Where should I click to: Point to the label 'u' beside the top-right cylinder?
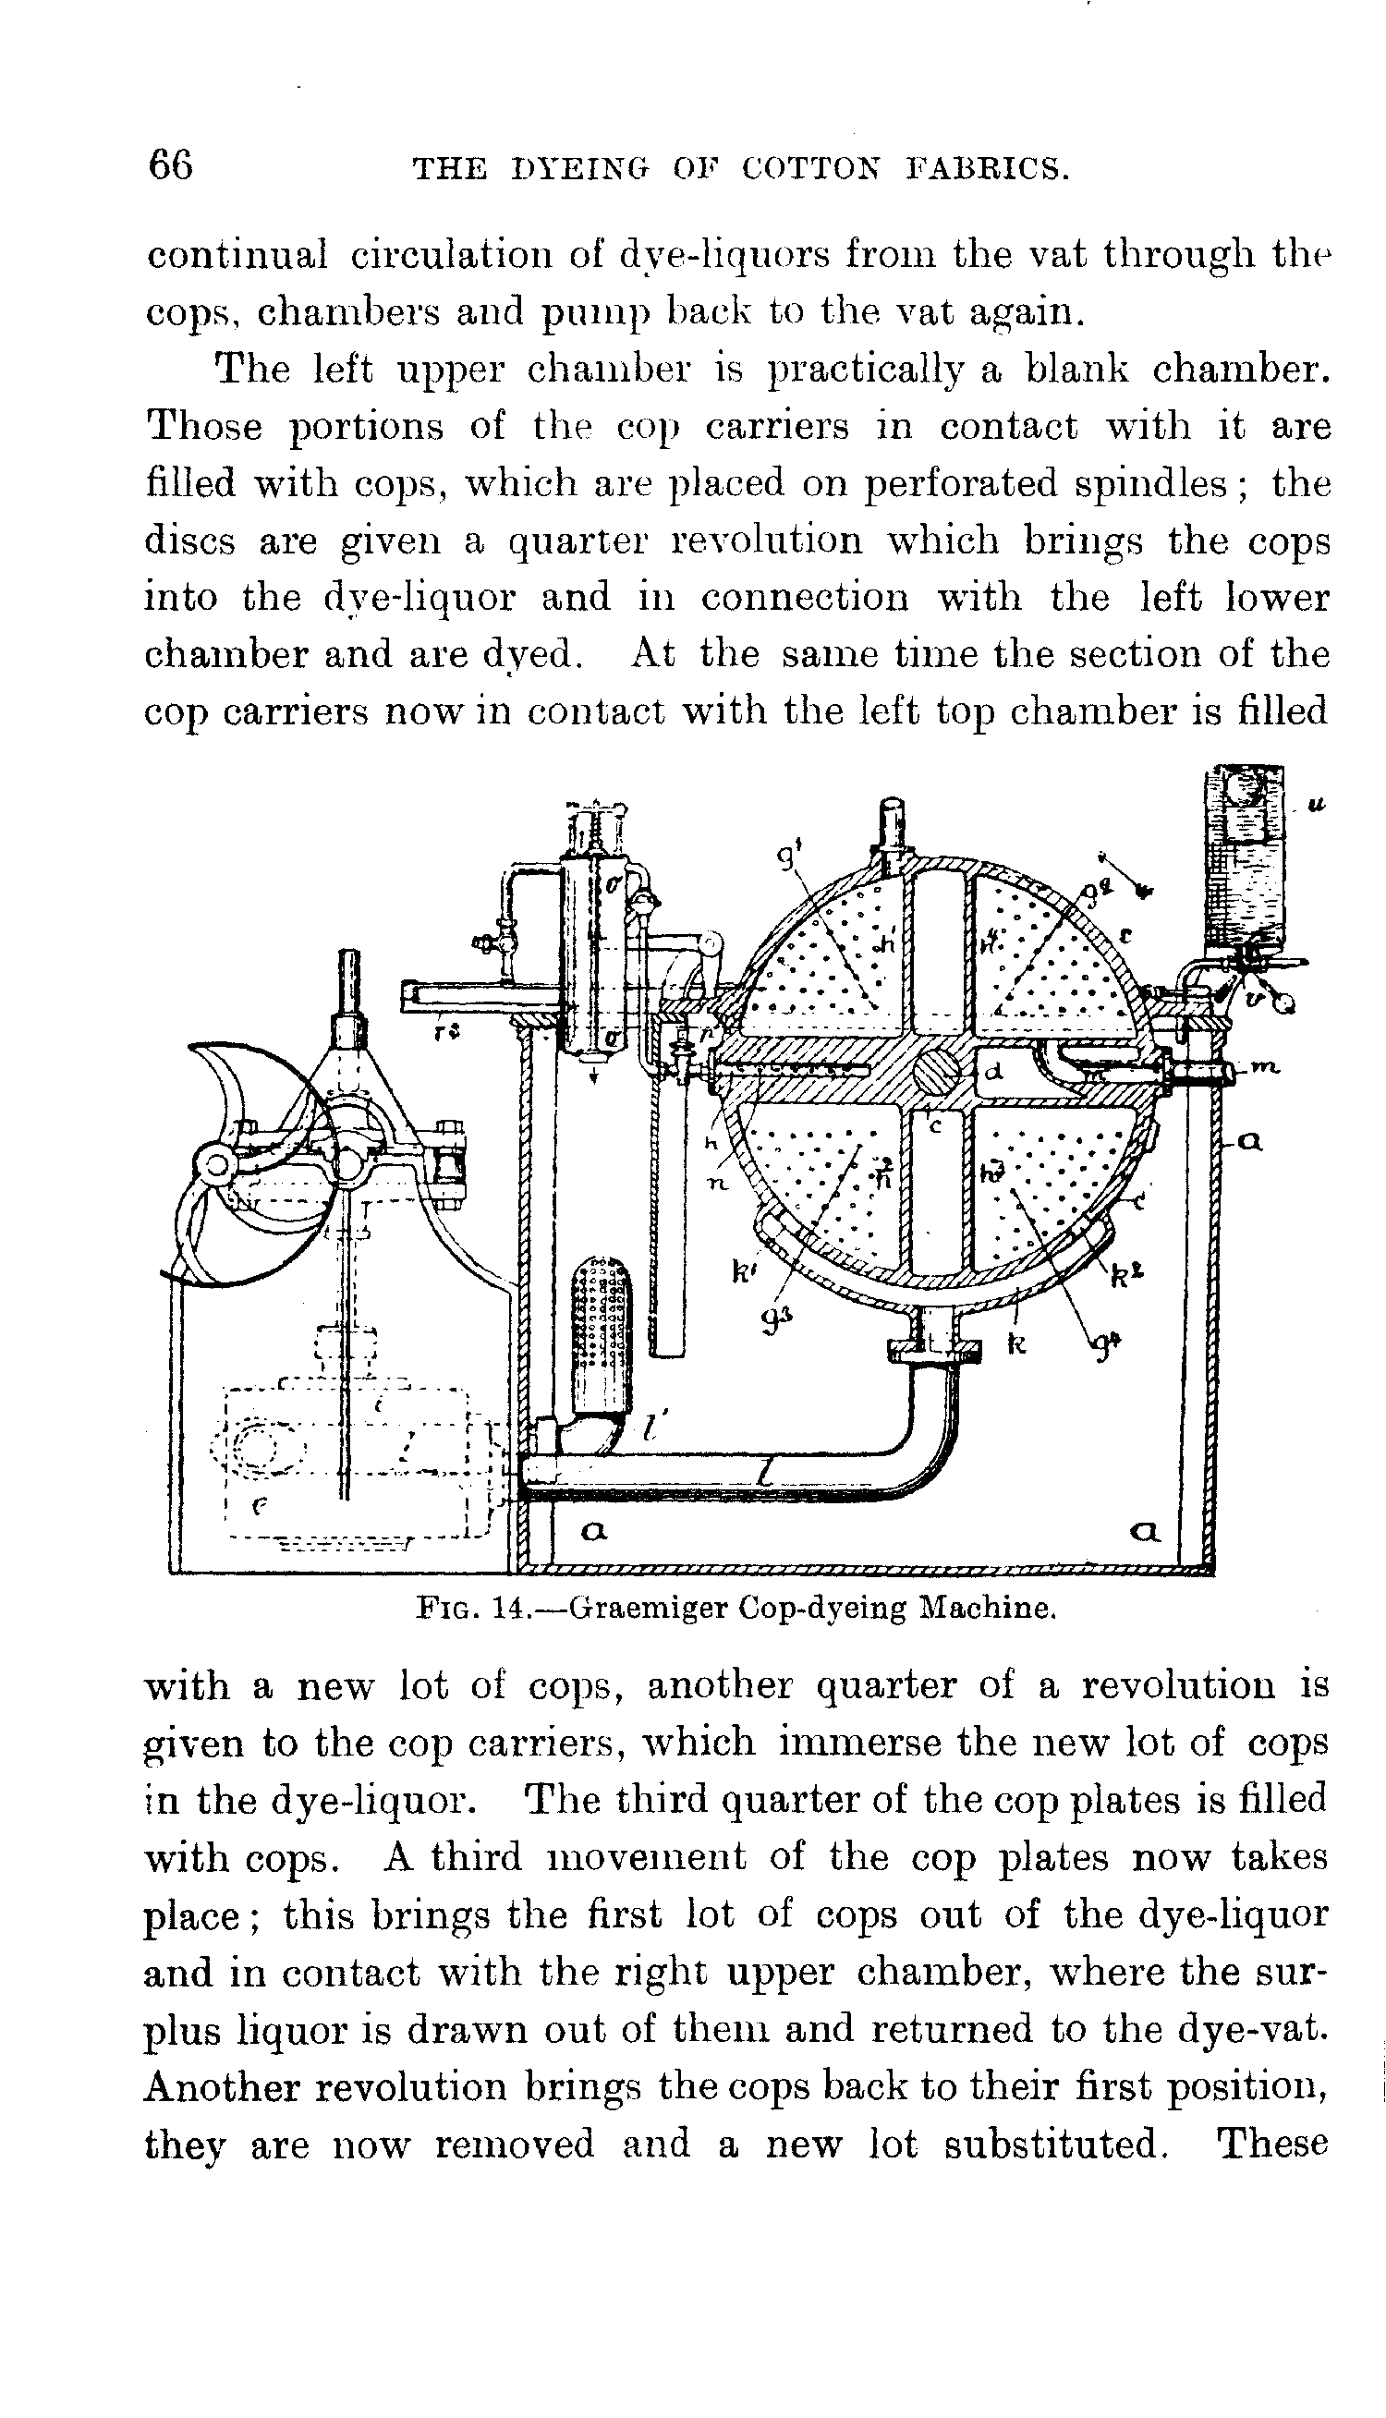coord(1316,806)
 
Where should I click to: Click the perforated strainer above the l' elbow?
coord(601,1337)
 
